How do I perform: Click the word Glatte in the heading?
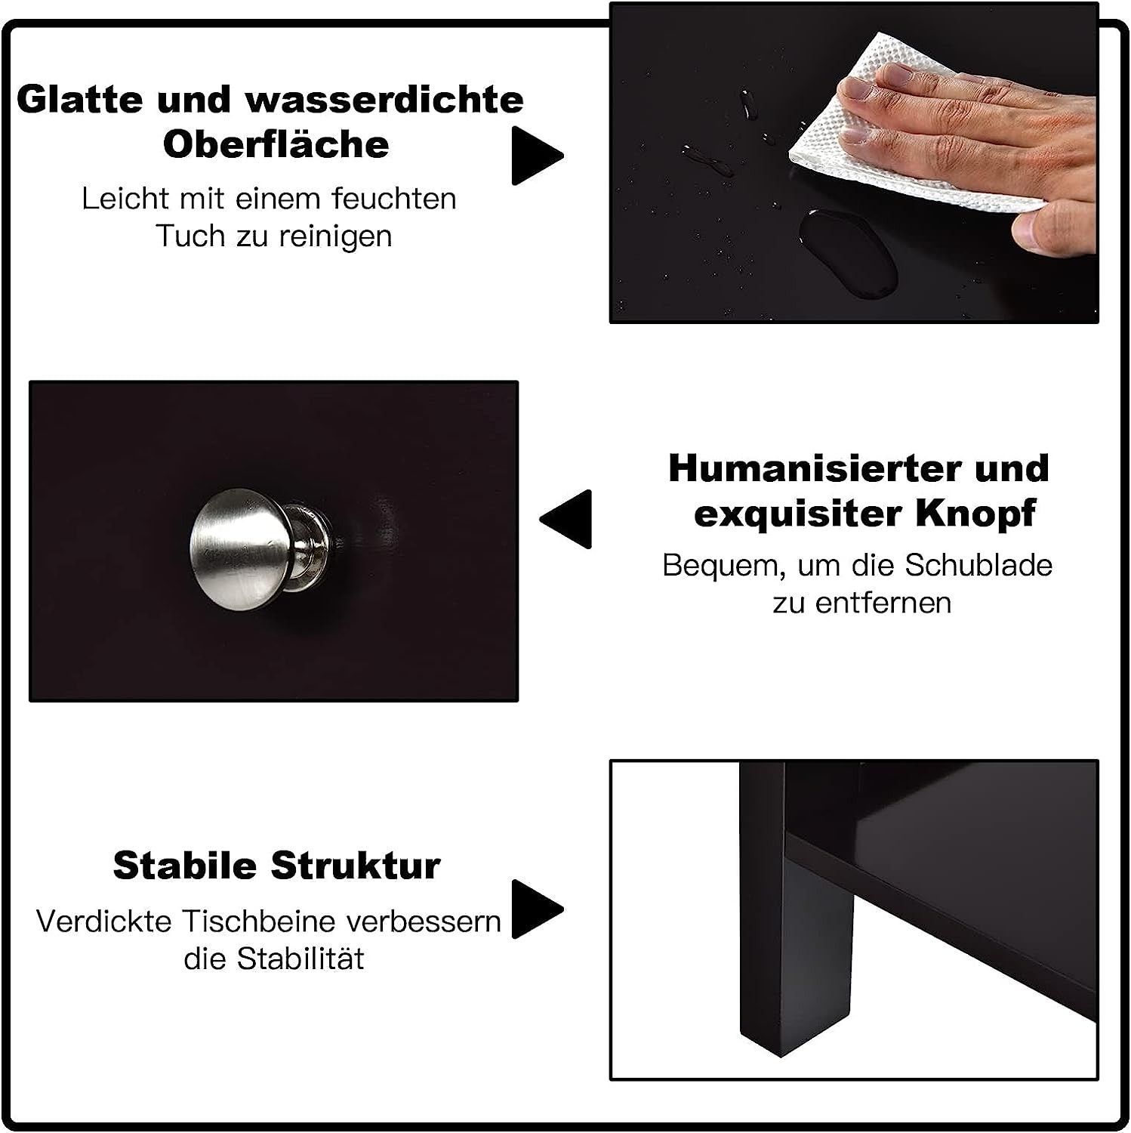[82, 100]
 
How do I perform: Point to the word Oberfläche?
[276, 144]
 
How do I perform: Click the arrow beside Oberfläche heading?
[538, 156]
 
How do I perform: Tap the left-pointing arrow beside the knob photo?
[565, 520]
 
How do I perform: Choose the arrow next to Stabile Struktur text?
[538, 909]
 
